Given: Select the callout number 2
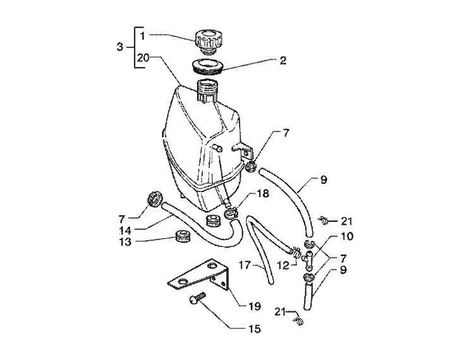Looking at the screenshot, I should tap(282, 61).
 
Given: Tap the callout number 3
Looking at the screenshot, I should tap(121, 47).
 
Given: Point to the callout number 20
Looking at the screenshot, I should tap(143, 57).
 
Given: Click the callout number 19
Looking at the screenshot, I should tap(254, 306).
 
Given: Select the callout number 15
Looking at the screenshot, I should tap(254, 329).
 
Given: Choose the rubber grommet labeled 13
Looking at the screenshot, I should tap(183, 239).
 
